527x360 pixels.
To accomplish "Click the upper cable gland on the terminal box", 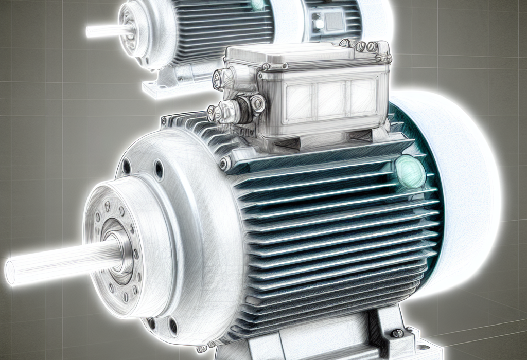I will (221, 79).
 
